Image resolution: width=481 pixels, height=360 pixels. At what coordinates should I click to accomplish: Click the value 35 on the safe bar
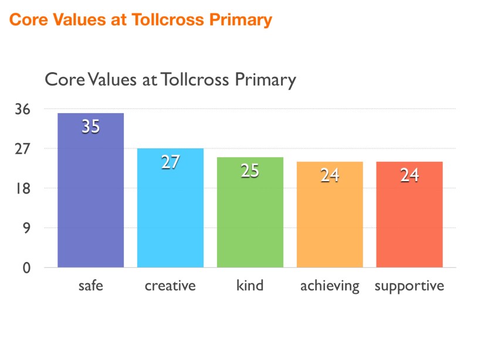[90, 127]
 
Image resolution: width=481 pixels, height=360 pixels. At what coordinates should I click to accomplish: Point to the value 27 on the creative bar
[170, 162]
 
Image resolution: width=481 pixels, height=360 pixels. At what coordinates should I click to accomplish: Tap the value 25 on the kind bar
[250, 171]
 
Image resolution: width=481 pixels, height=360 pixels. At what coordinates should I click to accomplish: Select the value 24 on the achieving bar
[330, 175]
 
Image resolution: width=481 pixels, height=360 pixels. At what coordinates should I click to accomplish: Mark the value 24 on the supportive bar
[409, 175]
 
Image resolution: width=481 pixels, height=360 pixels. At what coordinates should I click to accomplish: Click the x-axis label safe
[90, 286]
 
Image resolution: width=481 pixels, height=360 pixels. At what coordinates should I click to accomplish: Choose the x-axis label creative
[170, 286]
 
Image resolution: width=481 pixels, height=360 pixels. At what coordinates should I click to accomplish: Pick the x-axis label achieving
[330, 286]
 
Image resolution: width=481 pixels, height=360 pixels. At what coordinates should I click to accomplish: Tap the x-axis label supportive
[409, 286]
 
